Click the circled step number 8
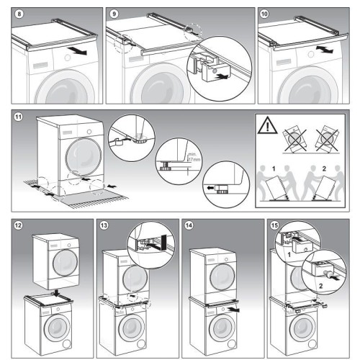point(19,14)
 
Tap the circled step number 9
point(114,14)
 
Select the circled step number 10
point(264,14)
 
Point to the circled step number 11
point(19,116)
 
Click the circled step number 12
point(19,225)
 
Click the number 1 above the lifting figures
point(274,168)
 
